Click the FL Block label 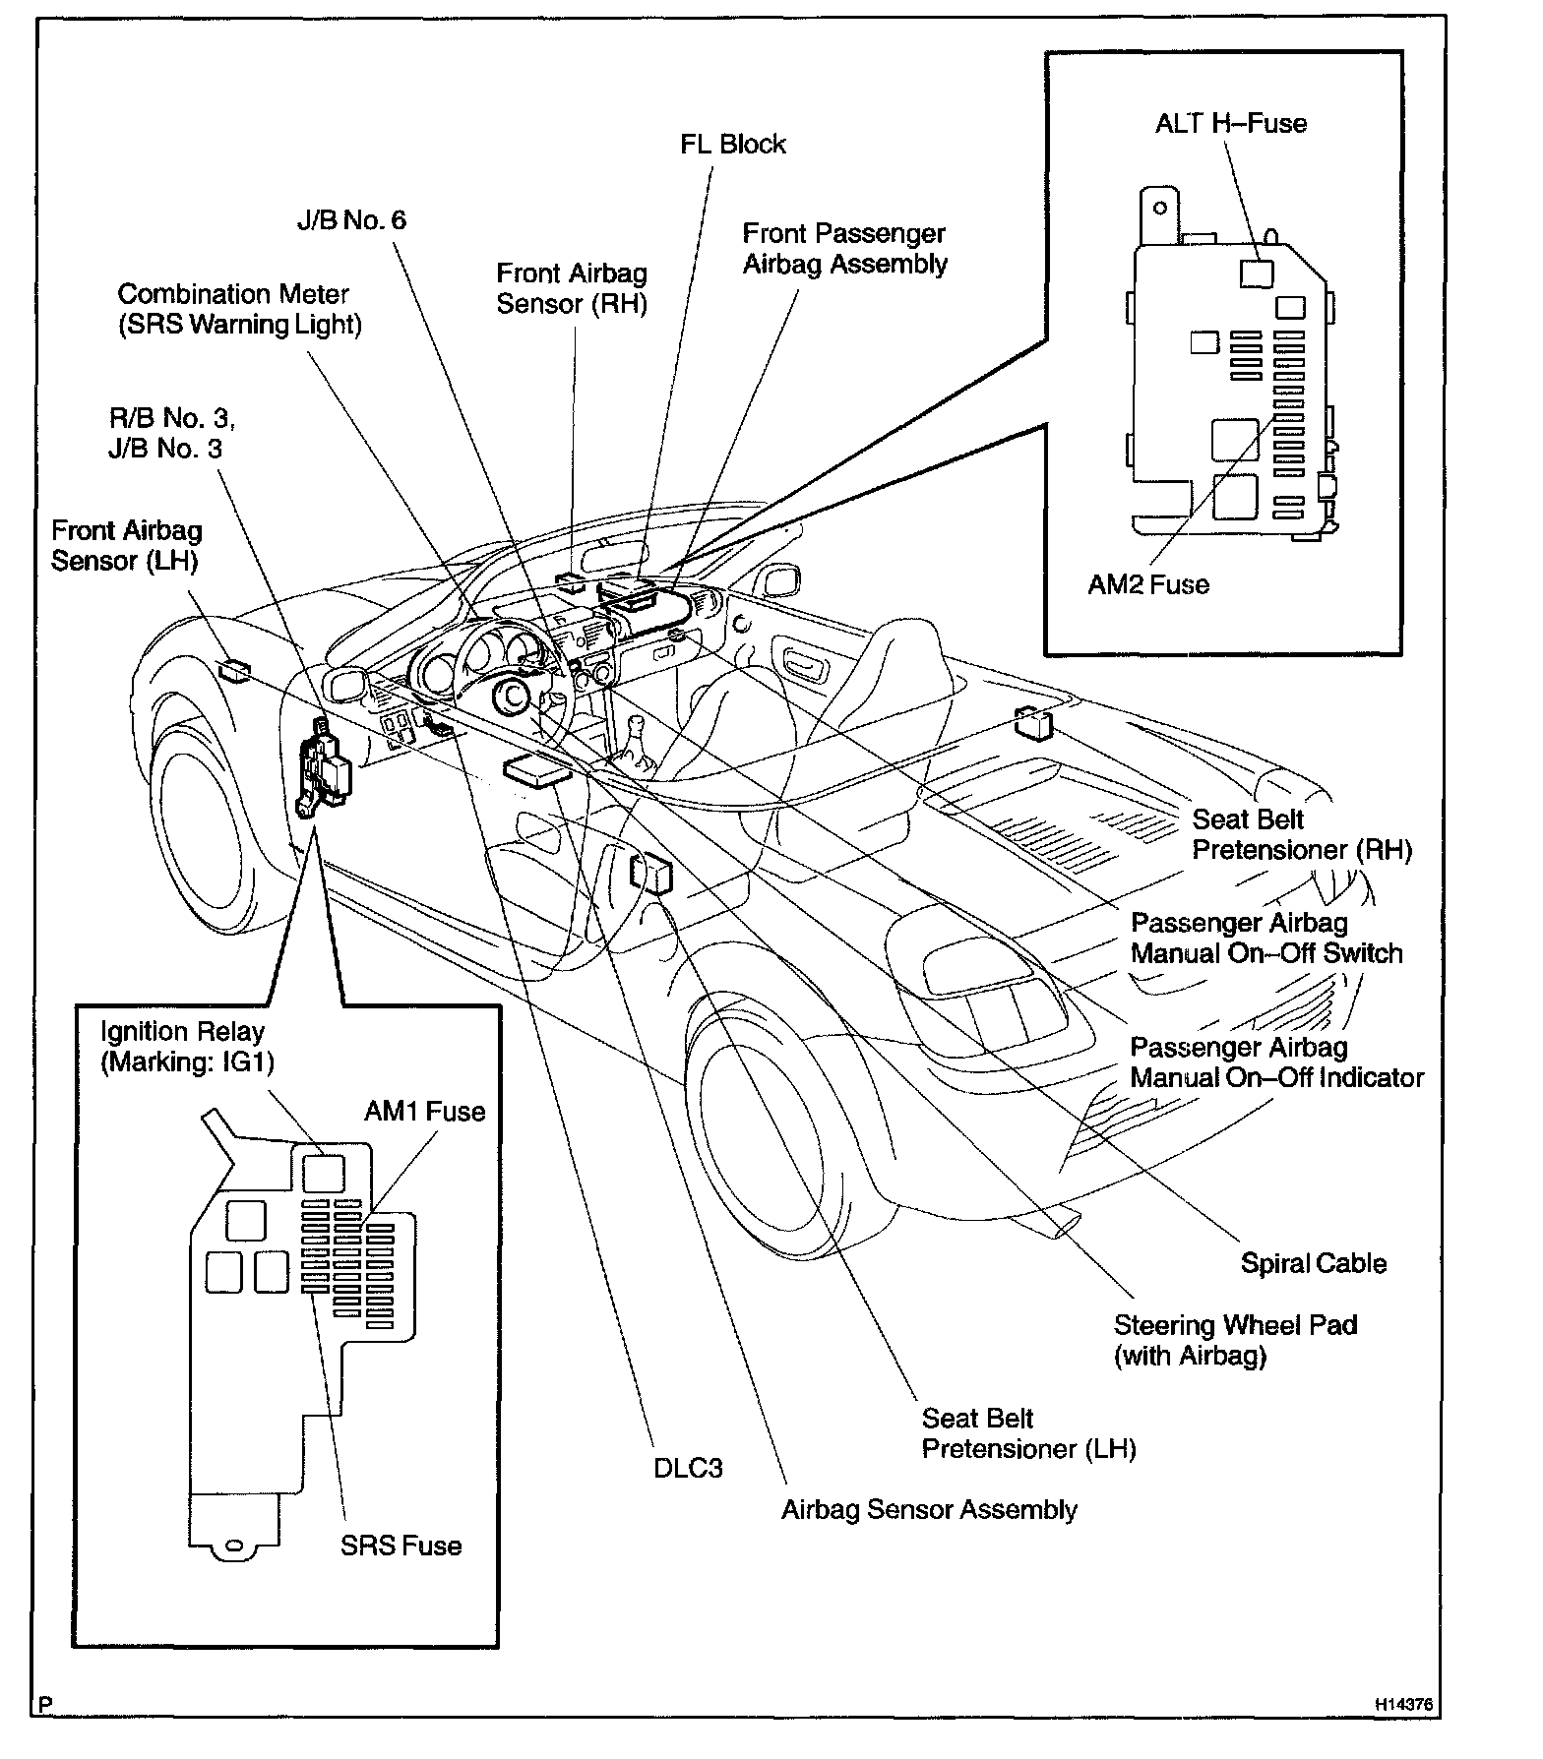pos(733,145)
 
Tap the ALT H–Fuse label pos(1230,124)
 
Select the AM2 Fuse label pos(1147,584)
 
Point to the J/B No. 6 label pos(351,219)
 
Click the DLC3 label pos(688,1468)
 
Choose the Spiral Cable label pos(1313,1263)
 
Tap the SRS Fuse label pos(401,1546)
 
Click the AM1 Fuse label pos(424,1112)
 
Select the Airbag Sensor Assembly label pos(929,1510)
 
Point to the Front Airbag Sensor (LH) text pos(126,546)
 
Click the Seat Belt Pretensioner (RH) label pos(1301,834)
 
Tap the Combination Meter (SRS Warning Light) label pos(239,309)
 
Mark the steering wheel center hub pos(513,697)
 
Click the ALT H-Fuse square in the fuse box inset pos(1256,273)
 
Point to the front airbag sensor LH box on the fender pos(234,671)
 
